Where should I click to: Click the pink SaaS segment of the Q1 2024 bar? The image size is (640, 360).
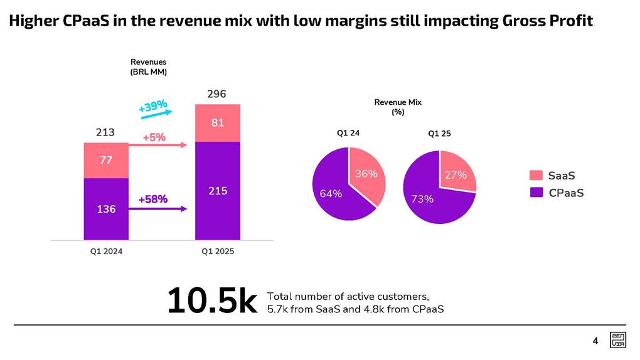(105, 161)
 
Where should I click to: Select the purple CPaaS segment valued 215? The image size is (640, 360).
(217, 191)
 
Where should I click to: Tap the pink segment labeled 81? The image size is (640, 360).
(217, 123)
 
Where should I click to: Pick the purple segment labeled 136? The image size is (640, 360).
(105, 209)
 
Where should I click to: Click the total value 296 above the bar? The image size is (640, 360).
(217, 95)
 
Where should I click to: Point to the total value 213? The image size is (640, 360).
(105, 132)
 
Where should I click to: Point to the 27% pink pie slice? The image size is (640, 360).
(456, 174)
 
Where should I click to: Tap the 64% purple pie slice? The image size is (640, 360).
(332, 191)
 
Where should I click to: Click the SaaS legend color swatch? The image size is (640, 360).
(536, 176)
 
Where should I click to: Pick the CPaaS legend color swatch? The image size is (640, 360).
(536, 193)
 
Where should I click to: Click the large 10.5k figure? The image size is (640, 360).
(212, 302)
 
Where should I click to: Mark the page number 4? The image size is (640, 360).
(595, 341)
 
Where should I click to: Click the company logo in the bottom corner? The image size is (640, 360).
(617, 341)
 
